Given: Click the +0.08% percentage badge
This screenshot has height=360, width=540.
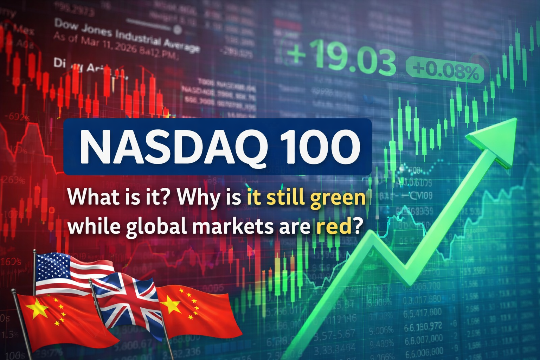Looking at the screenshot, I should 445,71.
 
